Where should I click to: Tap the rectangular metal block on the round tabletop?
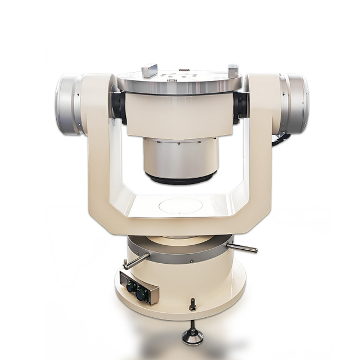coord(149,71)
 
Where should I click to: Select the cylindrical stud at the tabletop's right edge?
coord(233,71)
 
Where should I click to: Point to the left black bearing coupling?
coord(119,106)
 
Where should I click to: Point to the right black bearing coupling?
coord(241,106)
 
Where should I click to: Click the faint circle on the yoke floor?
coord(180,205)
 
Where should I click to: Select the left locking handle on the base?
coord(136,260)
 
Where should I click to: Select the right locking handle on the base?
coord(242,247)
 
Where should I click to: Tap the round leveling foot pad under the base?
coord(193,337)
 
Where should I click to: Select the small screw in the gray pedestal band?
coord(191,260)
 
